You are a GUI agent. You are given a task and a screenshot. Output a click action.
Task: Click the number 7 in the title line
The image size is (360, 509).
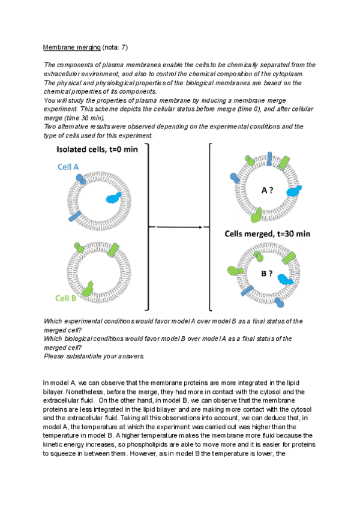point(122,47)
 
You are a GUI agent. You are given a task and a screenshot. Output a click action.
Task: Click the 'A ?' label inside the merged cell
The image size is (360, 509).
point(268,190)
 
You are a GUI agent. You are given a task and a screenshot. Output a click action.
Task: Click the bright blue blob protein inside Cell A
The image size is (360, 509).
point(113,198)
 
